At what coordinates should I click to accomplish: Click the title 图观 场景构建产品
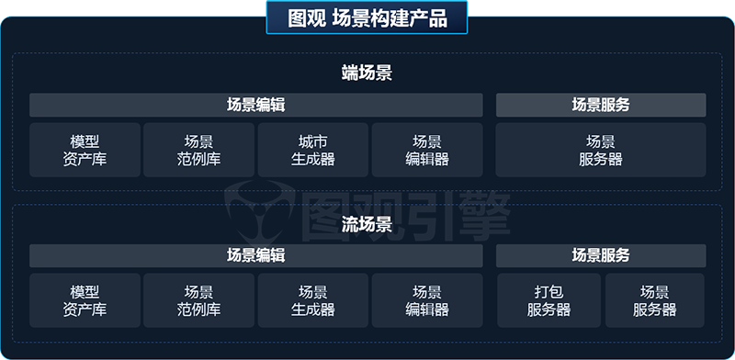pos(367,18)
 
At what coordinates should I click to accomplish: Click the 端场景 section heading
pos(367,73)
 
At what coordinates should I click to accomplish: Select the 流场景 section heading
pos(367,224)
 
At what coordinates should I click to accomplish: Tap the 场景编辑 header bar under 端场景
pos(255,105)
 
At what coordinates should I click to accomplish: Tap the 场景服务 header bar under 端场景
pos(601,105)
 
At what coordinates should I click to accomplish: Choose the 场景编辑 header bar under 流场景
pos(255,255)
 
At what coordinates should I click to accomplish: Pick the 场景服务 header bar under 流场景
pos(601,255)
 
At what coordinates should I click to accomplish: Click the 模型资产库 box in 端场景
pos(85,150)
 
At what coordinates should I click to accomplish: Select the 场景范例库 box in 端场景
pos(198,150)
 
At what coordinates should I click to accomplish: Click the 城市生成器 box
pos(312,150)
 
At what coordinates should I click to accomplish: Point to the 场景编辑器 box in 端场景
pos(427,150)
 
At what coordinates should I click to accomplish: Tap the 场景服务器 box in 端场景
pos(601,150)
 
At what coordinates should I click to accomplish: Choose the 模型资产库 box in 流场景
pos(85,300)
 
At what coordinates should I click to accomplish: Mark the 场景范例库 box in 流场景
pos(198,300)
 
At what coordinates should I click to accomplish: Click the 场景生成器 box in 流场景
pos(312,300)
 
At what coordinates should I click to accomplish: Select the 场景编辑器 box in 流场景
pos(427,300)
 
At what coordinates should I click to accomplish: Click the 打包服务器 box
pos(548,300)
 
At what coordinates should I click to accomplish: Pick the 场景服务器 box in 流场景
pos(654,300)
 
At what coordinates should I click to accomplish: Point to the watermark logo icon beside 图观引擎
pos(259,209)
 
